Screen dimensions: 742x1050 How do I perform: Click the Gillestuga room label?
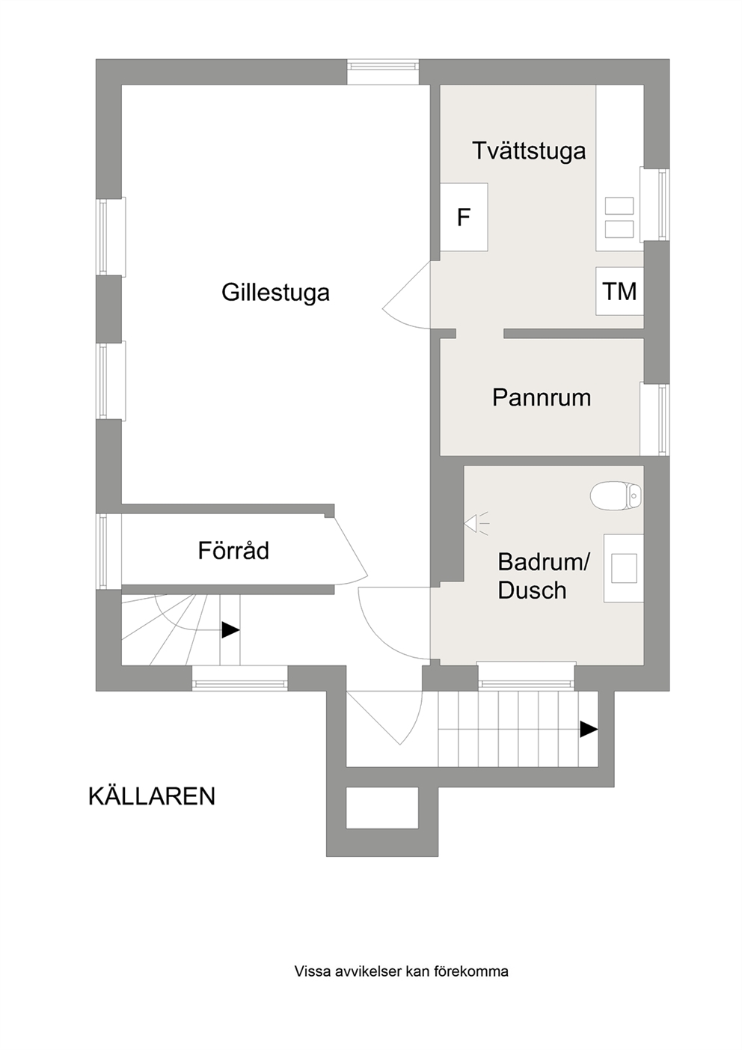pos(275,293)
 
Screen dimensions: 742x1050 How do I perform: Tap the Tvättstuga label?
pos(529,151)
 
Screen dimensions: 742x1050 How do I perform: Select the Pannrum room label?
pos(542,397)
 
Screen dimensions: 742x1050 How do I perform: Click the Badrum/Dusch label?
pos(543,576)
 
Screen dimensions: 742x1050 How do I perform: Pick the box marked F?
pos(464,217)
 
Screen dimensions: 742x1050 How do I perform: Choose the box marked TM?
pos(619,291)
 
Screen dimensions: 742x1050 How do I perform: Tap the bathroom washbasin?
pos(624,567)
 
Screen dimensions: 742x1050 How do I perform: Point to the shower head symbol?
pos(476,522)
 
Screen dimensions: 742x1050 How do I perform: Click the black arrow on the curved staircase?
pos(230,630)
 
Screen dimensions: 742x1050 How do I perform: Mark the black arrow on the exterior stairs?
pos(589,730)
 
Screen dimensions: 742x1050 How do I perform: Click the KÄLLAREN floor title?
pos(152,796)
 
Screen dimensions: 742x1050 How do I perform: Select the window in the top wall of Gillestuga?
pos(383,72)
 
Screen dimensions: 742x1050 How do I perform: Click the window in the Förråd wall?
pos(108,552)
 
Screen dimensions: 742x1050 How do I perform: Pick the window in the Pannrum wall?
pos(655,418)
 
